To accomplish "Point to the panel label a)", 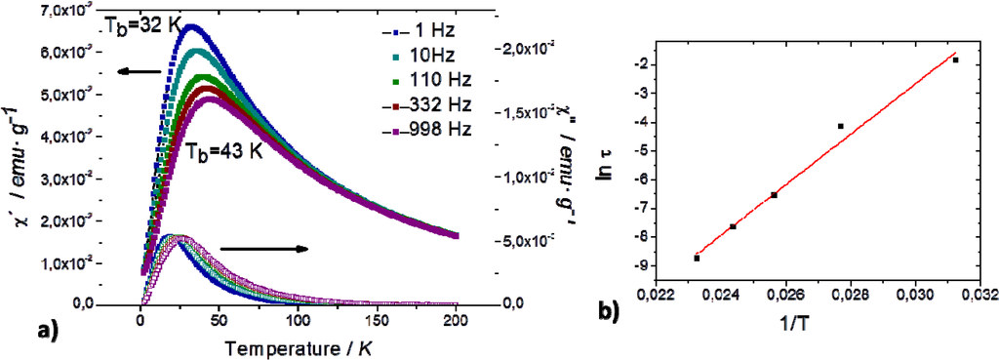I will click(35, 330).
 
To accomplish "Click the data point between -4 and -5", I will click(840, 126).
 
